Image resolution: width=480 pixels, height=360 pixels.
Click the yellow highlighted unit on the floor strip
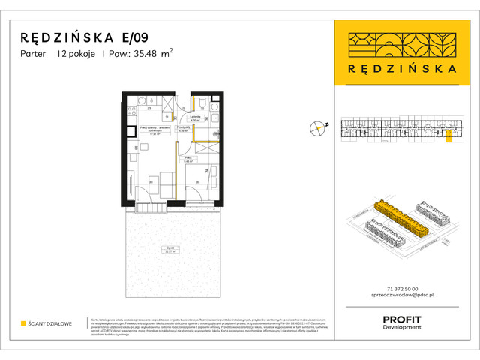(448, 134)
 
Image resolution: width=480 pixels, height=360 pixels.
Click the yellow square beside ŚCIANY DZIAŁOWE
(23, 324)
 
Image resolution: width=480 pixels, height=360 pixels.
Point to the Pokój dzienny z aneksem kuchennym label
(151, 131)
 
